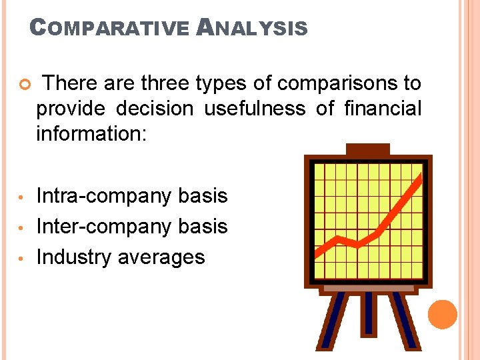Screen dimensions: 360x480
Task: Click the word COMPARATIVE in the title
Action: point(110,28)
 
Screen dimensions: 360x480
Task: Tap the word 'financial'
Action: point(383,108)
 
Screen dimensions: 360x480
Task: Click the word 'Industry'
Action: point(73,257)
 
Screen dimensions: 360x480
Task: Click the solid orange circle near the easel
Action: point(443,314)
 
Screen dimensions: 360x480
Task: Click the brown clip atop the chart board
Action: point(368,149)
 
